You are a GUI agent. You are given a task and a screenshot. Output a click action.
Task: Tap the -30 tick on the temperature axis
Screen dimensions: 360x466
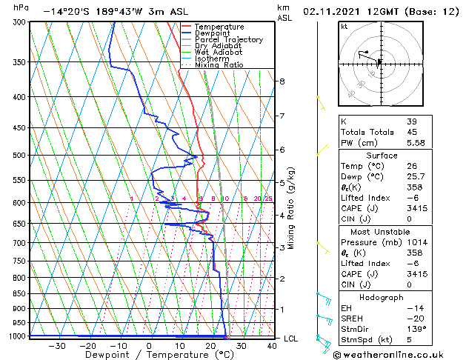[56, 345]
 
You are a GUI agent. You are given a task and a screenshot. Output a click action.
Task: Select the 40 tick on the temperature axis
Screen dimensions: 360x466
[273, 345]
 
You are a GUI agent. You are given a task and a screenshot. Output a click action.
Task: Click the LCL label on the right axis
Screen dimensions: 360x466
[291, 339]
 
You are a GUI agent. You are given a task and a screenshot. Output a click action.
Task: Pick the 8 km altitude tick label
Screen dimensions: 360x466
[282, 81]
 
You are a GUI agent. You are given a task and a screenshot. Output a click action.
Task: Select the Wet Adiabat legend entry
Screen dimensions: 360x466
[218, 52]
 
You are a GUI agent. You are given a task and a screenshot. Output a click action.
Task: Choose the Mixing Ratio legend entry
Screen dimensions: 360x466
[219, 64]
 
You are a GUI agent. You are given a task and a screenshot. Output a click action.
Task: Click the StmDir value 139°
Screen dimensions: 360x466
[415, 330]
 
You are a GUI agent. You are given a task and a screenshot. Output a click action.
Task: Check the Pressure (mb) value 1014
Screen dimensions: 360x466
[416, 241]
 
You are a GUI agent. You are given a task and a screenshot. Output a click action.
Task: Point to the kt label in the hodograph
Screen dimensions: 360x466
[344, 26]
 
